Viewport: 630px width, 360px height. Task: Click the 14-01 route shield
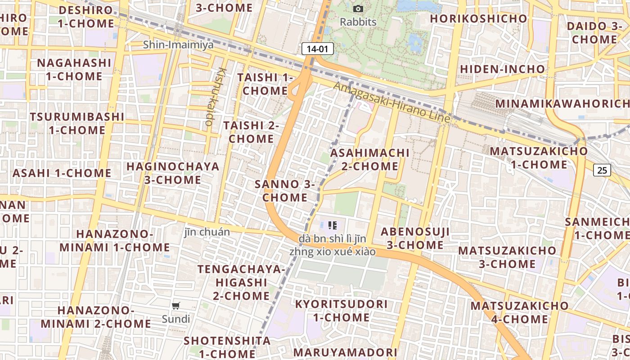(318, 49)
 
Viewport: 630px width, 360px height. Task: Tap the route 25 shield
(602, 170)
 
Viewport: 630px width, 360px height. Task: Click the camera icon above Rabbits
(358, 9)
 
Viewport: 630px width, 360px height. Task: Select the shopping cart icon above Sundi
(176, 306)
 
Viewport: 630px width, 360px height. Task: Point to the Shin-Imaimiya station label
(178, 45)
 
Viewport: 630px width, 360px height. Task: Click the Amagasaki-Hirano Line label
(392, 103)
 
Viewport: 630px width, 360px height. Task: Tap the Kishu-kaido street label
(216, 96)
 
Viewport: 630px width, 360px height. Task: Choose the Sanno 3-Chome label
(285, 191)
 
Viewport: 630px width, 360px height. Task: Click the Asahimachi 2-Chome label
(370, 159)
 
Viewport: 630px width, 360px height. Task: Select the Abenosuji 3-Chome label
(415, 238)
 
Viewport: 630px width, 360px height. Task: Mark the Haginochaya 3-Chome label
(173, 173)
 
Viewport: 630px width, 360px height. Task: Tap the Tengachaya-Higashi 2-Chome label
(241, 282)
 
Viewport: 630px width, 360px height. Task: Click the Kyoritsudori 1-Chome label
(341, 310)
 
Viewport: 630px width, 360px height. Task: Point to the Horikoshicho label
(478, 18)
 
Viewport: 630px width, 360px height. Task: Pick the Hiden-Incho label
(502, 69)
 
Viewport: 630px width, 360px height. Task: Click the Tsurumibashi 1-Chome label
(77, 123)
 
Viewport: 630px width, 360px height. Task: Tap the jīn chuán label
(207, 232)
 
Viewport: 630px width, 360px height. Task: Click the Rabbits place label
(358, 22)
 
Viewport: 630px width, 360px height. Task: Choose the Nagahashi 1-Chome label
(74, 69)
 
